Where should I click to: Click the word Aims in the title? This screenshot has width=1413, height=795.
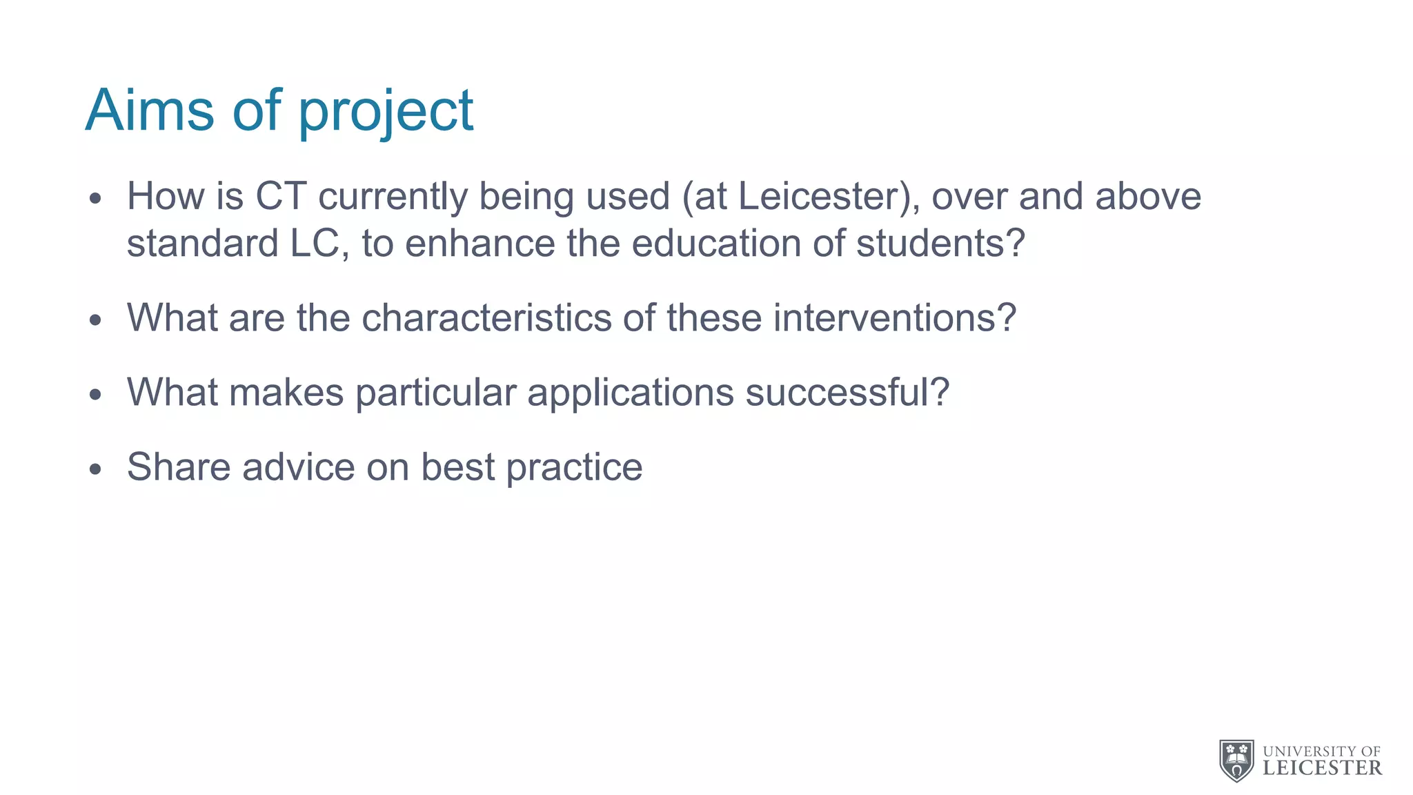(x=150, y=110)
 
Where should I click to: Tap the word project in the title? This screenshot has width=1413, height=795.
(x=386, y=112)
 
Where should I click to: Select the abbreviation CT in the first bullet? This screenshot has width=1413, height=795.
(x=281, y=196)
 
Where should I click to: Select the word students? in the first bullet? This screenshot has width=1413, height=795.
(x=941, y=244)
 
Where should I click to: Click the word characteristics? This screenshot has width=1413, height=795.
(x=486, y=318)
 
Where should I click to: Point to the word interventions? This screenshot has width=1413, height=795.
(x=894, y=318)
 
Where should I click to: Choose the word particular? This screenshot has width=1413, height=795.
(x=435, y=393)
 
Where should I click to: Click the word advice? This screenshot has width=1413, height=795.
(x=298, y=467)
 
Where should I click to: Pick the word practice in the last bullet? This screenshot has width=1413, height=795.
(x=574, y=467)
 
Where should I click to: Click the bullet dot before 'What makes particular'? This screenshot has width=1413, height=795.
(x=95, y=395)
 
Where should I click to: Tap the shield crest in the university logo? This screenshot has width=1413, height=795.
(x=1236, y=760)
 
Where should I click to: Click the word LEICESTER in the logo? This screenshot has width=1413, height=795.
(x=1322, y=768)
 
